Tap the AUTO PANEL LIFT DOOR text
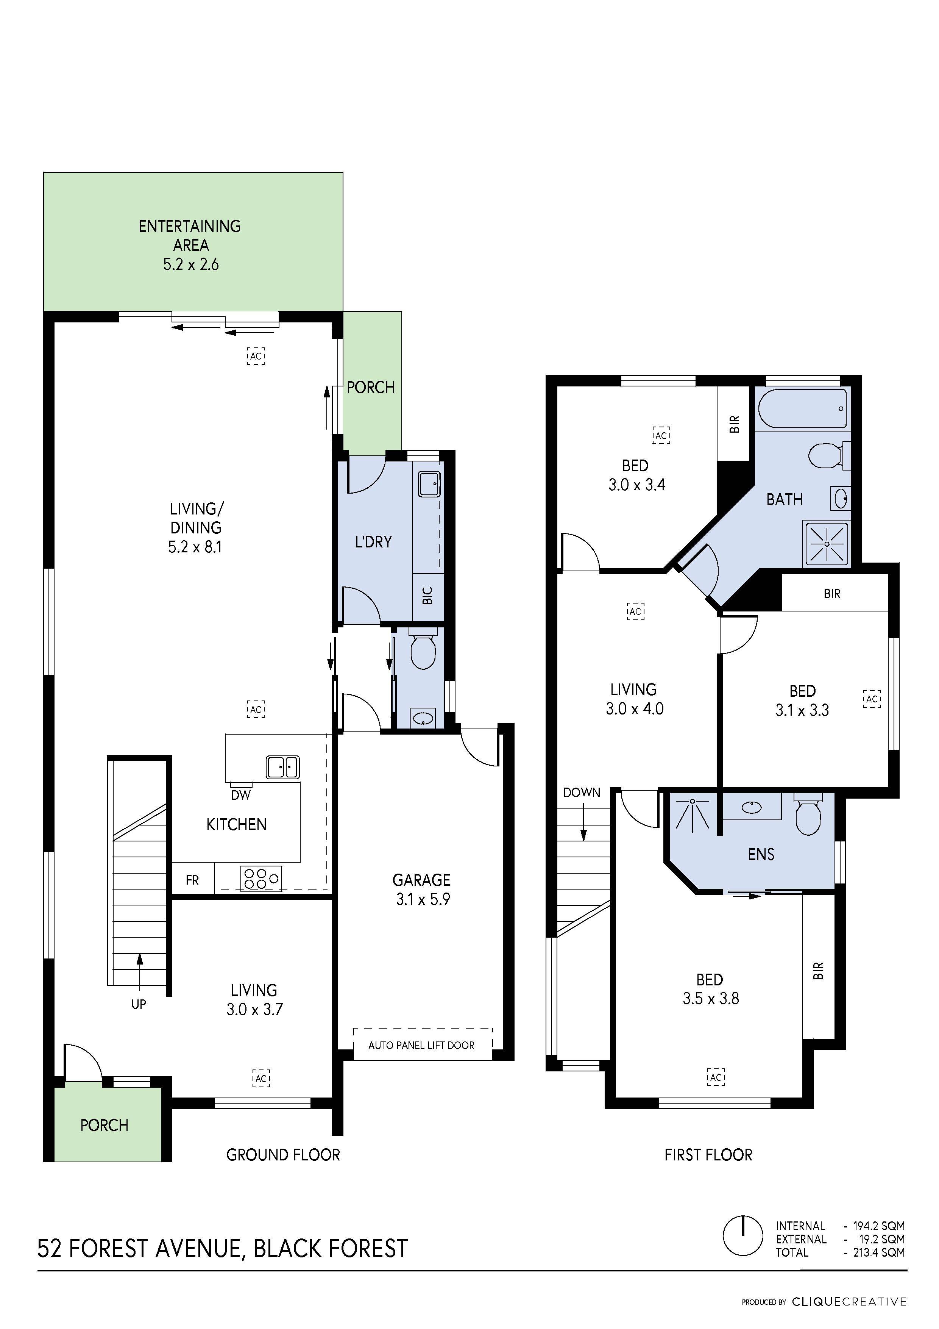click(421, 1045)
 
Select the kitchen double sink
click(282, 768)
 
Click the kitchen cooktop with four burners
click(261, 879)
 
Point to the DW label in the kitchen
click(241, 795)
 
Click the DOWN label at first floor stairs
click(582, 793)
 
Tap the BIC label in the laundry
click(427, 596)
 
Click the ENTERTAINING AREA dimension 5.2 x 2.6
click(190, 264)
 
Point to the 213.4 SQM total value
click(878, 1252)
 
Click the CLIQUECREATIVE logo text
click(849, 1302)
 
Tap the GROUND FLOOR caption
click(283, 1155)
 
